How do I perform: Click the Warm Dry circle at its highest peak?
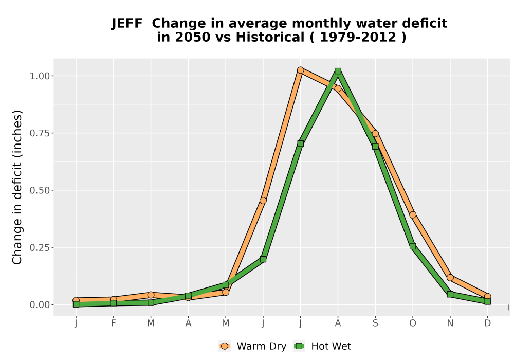click(300, 70)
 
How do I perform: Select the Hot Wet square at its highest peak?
click(338, 71)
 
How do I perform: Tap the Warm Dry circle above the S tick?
click(375, 133)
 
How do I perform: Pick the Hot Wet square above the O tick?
click(413, 246)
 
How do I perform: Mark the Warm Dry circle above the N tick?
click(450, 278)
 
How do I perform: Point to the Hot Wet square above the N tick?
click(450, 294)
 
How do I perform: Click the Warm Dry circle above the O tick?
click(413, 215)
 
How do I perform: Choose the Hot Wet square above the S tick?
click(375, 147)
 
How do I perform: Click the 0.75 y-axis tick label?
click(40, 133)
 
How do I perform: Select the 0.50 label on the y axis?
click(40, 190)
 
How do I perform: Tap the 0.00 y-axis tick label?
click(40, 305)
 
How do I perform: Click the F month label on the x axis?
click(114, 323)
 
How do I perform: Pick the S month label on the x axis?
click(375, 323)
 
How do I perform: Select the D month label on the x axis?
click(487, 323)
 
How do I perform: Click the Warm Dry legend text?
click(262, 346)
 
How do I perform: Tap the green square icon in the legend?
click(299, 346)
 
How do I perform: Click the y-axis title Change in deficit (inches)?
click(17, 187)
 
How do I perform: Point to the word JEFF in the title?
click(127, 24)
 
